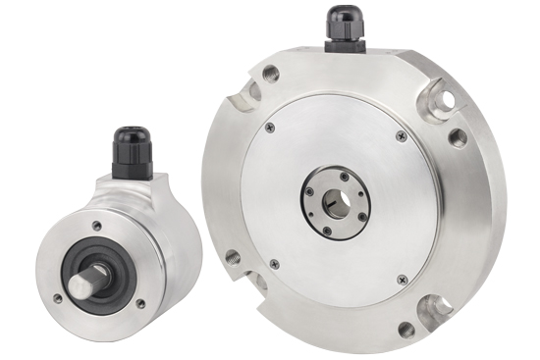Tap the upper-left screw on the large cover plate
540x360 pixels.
[x=271, y=127]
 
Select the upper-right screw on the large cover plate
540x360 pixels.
[x=402, y=134]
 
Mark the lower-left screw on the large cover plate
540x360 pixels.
[x=274, y=263]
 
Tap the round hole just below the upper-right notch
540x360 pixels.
[x=457, y=136]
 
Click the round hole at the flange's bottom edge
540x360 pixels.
[x=404, y=329]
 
